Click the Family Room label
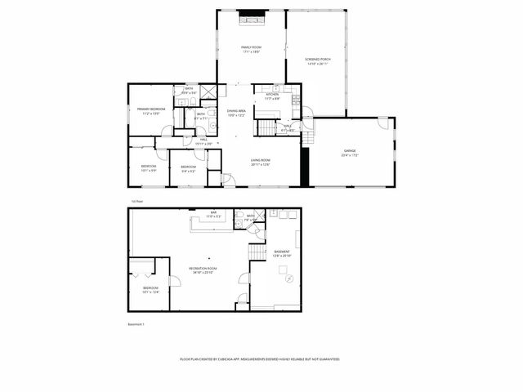[251, 47]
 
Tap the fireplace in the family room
[251, 14]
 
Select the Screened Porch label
[316, 60]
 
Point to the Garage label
[350, 151]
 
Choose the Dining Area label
[236, 111]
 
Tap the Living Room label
[261, 160]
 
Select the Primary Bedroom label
[151, 109]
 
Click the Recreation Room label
[203, 268]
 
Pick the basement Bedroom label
[150, 288]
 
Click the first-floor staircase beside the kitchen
[268, 129]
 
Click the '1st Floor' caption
[137, 200]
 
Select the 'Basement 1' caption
[136, 324]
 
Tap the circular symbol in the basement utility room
[288, 279]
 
